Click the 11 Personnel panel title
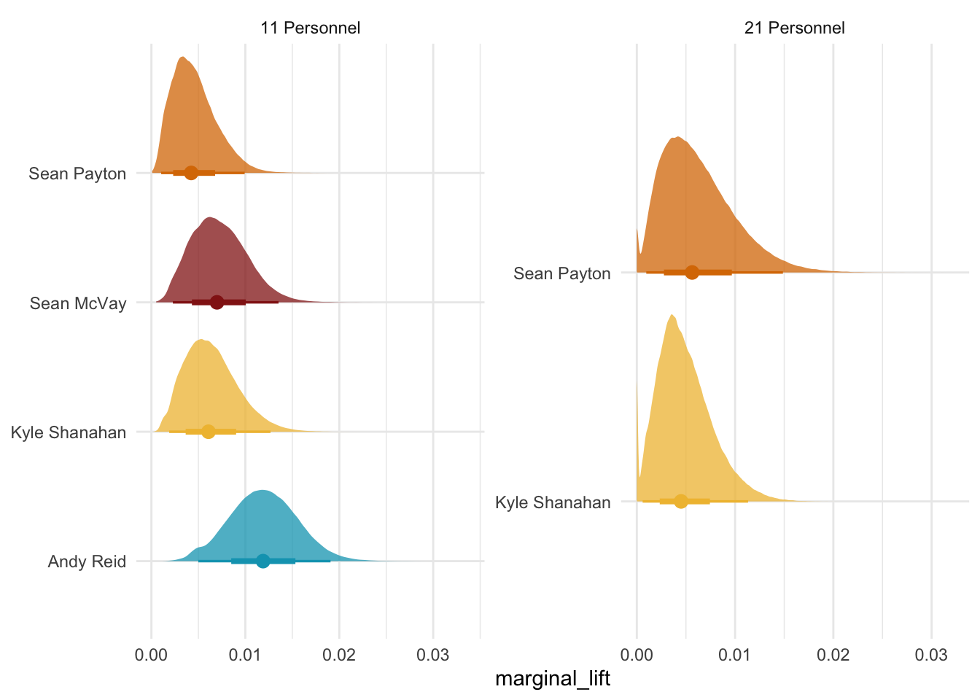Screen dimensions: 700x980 [x=310, y=28]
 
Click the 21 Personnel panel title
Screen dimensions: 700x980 [x=794, y=28]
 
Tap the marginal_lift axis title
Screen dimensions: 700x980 [x=552, y=679]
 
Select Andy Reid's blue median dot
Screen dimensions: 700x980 [x=263, y=561]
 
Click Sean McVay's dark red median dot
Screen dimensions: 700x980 [x=217, y=302]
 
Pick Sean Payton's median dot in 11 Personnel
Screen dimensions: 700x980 [x=191, y=173]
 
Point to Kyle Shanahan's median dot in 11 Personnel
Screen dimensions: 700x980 [x=209, y=431]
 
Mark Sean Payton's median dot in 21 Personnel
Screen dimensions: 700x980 [x=692, y=273]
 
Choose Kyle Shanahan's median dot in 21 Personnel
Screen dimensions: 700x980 [x=681, y=501]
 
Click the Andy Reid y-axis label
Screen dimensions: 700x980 [x=87, y=561]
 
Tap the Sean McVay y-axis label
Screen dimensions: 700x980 [x=78, y=303]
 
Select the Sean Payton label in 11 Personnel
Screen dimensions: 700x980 [x=77, y=174]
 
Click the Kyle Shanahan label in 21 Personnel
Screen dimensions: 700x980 [x=553, y=502]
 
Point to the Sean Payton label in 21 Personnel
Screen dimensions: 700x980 [x=561, y=273]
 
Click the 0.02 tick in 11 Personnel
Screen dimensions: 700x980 [x=339, y=655]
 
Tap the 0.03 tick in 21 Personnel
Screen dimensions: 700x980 [x=931, y=655]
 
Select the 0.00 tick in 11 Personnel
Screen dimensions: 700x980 [x=151, y=655]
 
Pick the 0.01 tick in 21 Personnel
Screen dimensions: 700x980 [x=735, y=655]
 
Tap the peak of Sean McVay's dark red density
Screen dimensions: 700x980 [x=210, y=218]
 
